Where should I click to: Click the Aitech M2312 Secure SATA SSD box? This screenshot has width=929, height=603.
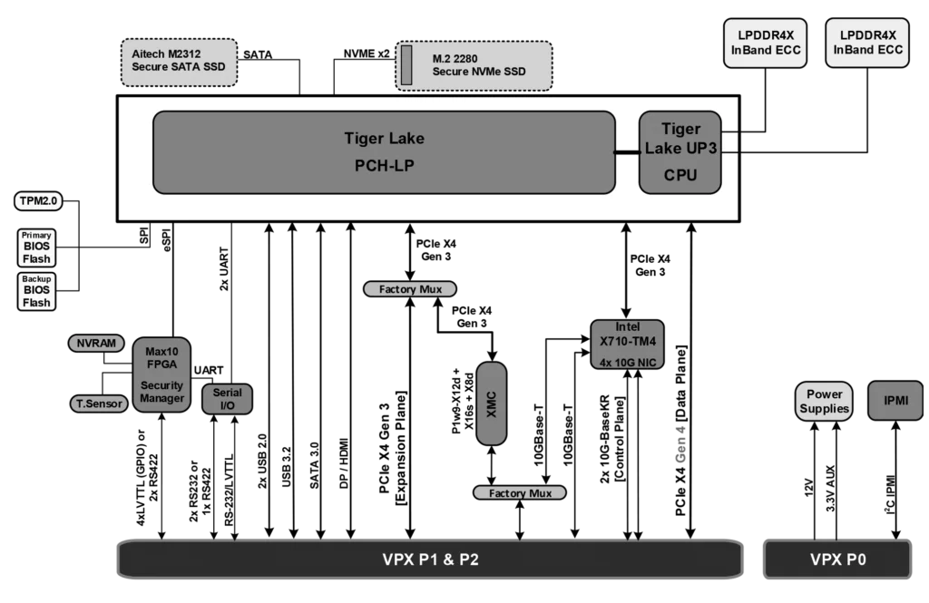[x=178, y=61]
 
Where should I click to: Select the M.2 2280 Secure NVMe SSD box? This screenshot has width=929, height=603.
[x=474, y=65]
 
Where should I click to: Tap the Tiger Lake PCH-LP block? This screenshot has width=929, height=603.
[x=384, y=151]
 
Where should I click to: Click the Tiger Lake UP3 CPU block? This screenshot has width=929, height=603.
[x=680, y=151]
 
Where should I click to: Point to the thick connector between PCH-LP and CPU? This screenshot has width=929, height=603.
[x=627, y=152]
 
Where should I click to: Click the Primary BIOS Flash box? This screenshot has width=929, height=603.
[x=36, y=248]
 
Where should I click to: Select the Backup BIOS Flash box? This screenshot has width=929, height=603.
[x=36, y=291]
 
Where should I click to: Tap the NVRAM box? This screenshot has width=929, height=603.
[x=96, y=344]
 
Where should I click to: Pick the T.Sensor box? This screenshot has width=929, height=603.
[x=99, y=404]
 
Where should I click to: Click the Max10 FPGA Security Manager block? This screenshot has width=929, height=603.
[x=161, y=374]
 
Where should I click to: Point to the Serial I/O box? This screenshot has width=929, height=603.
[x=227, y=399]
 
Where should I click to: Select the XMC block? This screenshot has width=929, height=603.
[x=492, y=404]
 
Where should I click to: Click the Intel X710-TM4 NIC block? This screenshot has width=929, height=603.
[x=627, y=345]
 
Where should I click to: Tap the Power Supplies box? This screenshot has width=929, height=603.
[x=825, y=401]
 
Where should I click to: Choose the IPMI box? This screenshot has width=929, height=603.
[x=895, y=401]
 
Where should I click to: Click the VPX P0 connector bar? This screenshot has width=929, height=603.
[x=837, y=559]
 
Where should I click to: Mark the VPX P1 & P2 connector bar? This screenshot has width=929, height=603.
[x=430, y=559]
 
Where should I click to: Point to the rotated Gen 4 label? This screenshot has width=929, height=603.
[x=680, y=443]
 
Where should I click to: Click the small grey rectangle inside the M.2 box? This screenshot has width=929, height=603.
[x=406, y=65]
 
